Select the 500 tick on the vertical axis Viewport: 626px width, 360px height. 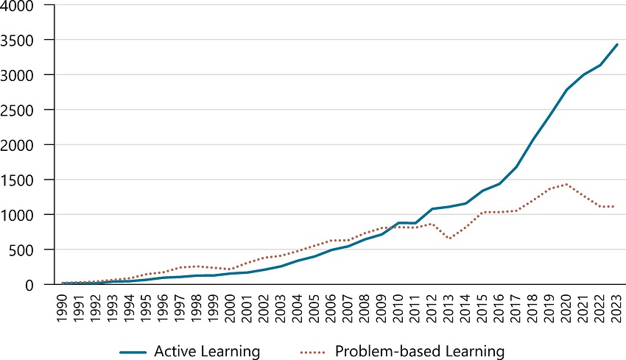(31, 250)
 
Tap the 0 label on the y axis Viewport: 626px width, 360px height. (39, 285)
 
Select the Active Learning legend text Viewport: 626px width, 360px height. (207, 331)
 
